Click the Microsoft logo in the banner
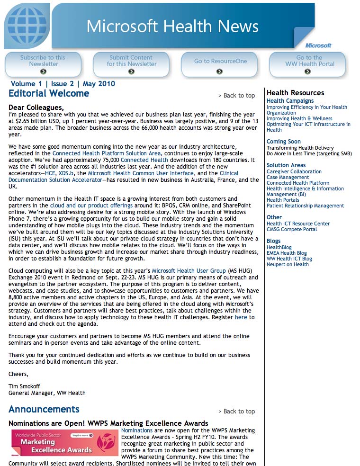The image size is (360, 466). [318, 45]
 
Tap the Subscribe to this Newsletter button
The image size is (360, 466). [43, 64]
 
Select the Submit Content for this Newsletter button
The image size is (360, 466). [131, 64]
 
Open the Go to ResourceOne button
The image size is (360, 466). [220, 64]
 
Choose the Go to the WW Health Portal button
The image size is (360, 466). [308, 64]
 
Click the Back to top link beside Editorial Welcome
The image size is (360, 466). [237, 96]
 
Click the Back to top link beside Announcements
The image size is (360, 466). [237, 412]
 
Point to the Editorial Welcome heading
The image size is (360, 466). [49, 93]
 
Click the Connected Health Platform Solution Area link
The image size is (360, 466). [107, 153]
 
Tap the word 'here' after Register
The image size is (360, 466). [241, 317]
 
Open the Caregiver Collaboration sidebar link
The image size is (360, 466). [294, 171]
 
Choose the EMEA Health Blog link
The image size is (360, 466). [287, 253]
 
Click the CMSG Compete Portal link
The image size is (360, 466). [292, 229]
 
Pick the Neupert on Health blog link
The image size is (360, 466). [288, 264]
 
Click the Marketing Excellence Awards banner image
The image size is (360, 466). [64, 442]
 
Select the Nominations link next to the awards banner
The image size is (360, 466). [137, 430]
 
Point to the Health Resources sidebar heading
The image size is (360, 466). [295, 93]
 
